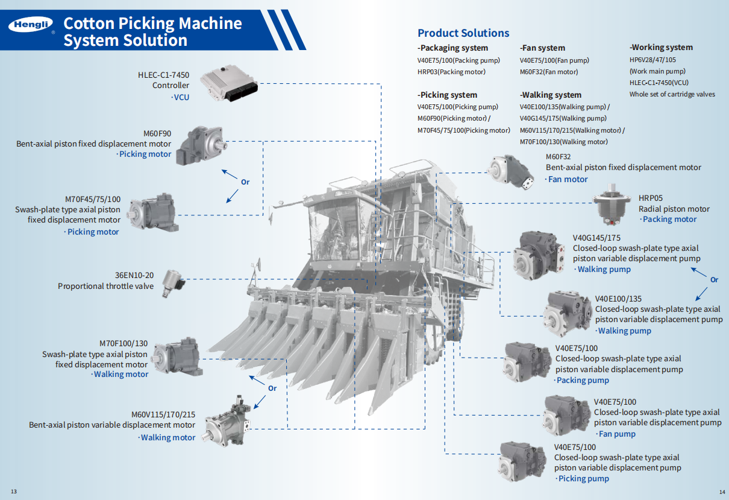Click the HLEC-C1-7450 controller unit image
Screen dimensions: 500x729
pos(228,84)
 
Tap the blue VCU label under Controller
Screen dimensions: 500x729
pos(181,97)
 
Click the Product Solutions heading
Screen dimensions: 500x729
pos(463,33)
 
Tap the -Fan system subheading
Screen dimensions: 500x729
pos(542,48)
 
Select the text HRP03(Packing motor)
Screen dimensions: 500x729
pos(451,72)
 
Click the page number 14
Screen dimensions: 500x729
pos(722,491)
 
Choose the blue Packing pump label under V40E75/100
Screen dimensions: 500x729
pos(582,381)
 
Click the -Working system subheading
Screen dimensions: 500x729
pos(661,47)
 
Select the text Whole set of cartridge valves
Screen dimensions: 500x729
pos(672,94)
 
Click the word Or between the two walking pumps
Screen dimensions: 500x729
pos(714,280)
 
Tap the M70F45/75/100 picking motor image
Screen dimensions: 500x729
pos(154,211)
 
